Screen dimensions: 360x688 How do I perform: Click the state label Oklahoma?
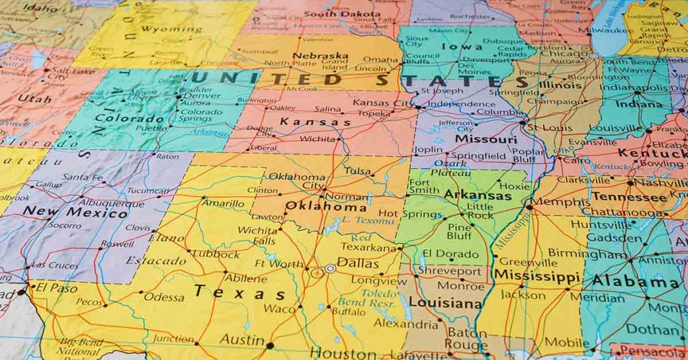(326, 206)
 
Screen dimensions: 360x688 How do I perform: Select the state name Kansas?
(314, 122)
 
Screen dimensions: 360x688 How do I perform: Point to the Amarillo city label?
(224, 204)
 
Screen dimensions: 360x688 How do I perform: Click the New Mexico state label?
(75, 213)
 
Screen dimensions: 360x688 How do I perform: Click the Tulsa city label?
(357, 171)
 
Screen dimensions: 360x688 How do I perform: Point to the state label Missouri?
(486, 139)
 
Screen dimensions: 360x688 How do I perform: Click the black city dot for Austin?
(270, 346)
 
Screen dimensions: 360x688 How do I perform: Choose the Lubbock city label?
(216, 255)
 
